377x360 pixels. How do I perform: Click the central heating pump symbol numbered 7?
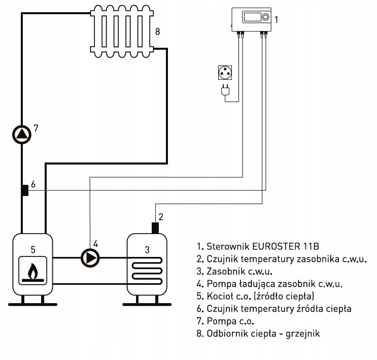(22, 135)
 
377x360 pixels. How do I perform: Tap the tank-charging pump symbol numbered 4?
(90, 258)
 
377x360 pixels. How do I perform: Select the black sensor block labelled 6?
(25, 190)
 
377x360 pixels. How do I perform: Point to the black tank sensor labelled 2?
(155, 228)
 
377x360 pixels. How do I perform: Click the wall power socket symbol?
(225, 73)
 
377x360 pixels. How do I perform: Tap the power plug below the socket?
(225, 90)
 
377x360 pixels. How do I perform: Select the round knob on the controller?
(265, 17)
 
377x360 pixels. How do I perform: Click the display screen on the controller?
(253, 17)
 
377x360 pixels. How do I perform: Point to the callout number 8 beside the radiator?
(157, 31)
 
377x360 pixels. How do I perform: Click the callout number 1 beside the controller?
(277, 20)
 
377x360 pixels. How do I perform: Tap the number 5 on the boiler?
(33, 250)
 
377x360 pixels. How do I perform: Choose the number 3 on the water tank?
(147, 250)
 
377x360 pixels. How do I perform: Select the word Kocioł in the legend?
(220, 296)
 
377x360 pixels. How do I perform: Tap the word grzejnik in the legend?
(303, 334)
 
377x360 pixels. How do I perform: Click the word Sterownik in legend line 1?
(228, 246)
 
